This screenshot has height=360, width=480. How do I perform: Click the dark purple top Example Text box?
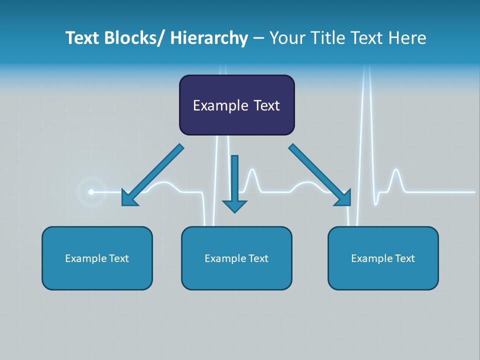(236, 105)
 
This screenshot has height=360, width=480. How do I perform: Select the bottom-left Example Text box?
(97, 258)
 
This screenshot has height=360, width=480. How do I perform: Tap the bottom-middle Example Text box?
(236, 258)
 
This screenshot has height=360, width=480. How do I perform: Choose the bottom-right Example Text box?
(383, 258)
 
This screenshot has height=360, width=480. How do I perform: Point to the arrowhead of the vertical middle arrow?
(234, 205)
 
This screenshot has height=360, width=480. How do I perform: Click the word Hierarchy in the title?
(209, 38)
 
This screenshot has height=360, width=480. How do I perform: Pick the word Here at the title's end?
(407, 38)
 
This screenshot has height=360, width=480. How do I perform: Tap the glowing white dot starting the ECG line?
(91, 191)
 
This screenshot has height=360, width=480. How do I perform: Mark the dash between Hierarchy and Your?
(258, 38)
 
